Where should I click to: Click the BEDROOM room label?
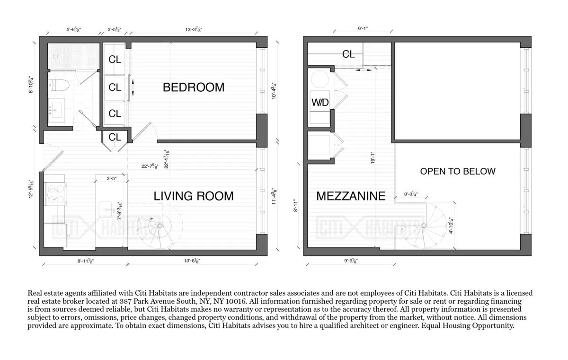click(x=193, y=88)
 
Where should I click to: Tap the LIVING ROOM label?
click(x=194, y=196)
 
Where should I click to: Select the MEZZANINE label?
click(x=350, y=196)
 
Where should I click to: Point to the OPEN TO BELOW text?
click(x=457, y=171)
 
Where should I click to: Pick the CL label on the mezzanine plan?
click(x=348, y=54)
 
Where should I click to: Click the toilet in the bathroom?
click(x=60, y=85)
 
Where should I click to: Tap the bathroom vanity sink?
click(x=58, y=110)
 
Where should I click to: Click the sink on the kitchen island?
click(x=106, y=208)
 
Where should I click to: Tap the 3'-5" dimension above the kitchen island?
click(x=111, y=179)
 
